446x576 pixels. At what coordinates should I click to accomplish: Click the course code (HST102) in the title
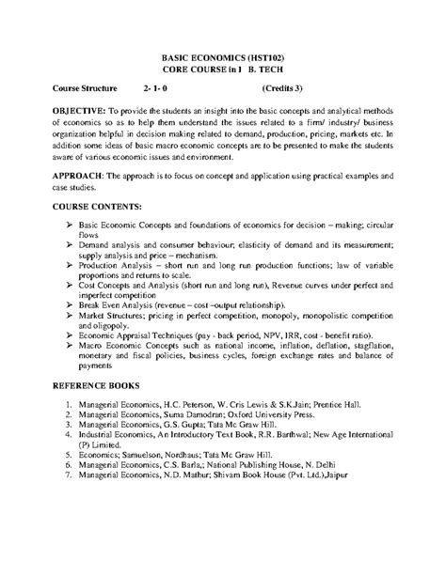(x=269, y=57)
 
